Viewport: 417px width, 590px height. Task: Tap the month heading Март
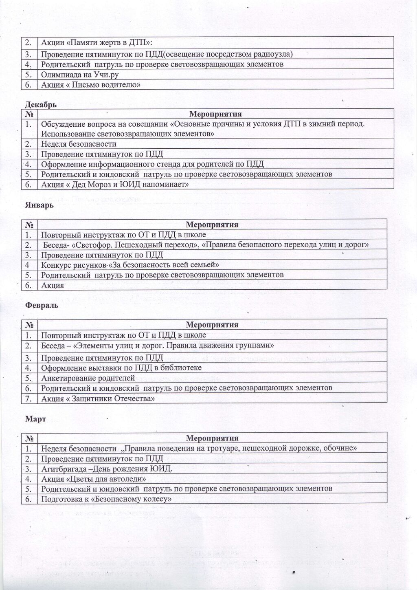pyautogui.click(x=36, y=419)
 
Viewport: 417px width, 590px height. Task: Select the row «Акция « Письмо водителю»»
pyautogui.click(x=91, y=85)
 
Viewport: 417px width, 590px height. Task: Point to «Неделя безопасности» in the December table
pyautogui.click(x=79, y=144)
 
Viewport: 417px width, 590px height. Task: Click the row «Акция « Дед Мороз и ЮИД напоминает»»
pyautogui.click(x=115, y=185)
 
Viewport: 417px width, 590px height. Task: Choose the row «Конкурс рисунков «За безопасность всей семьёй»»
pyautogui.click(x=130, y=265)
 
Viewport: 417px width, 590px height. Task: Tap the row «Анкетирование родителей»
pyautogui.click(x=88, y=378)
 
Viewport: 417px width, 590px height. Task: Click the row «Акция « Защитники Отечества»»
pyautogui.click(x=98, y=398)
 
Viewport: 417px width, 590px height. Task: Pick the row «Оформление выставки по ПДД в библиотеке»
pyautogui.click(x=121, y=368)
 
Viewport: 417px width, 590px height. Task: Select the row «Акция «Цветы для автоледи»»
pyautogui.click(x=94, y=479)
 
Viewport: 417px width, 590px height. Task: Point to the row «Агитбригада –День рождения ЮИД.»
pyautogui.click(x=107, y=469)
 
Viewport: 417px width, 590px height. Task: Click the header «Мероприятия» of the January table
pyautogui.click(x=212, y=225)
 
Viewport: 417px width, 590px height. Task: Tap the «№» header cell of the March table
pyautogui.click(x=29, y=438)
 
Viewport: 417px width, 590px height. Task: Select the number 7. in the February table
pyautogui.click(x=29, y=398)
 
